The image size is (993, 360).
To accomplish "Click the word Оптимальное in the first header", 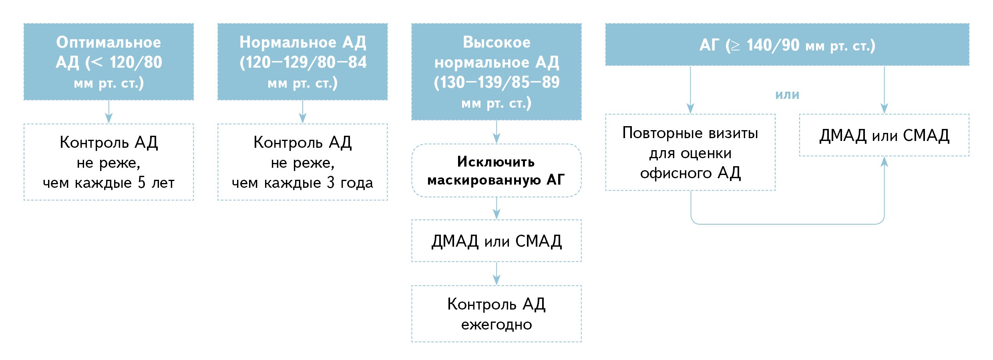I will click(109, 42).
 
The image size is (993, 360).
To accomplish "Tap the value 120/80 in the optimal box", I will click(136, 62).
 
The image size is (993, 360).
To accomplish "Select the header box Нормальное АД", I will click(302, 61).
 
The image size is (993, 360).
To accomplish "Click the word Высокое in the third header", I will click(496, 42).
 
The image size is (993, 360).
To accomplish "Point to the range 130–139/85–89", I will click(496, 82).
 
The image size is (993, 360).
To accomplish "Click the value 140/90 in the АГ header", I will click(773, 45).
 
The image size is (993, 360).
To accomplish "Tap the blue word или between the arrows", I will click(787, 95).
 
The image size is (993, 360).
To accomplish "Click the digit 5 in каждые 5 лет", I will click(141, 183).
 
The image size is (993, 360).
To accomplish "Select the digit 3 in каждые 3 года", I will click(330, 183).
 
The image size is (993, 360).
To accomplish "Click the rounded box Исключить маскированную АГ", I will click(496, 171).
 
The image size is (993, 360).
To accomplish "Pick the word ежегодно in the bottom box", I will click(496, 324).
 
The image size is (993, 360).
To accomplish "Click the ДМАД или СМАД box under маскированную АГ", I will click(496, 241).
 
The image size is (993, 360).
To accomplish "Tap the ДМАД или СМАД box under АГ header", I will click(884, 135).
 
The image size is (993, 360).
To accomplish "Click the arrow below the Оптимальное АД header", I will click(109, 112).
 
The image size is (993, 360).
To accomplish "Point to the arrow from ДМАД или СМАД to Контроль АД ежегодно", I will click(496, 274).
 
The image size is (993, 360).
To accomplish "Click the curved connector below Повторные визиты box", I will click(787, 224).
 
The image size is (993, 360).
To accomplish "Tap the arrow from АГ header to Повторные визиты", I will click(690, 90).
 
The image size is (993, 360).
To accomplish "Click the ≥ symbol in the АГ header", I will click(735, 46).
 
